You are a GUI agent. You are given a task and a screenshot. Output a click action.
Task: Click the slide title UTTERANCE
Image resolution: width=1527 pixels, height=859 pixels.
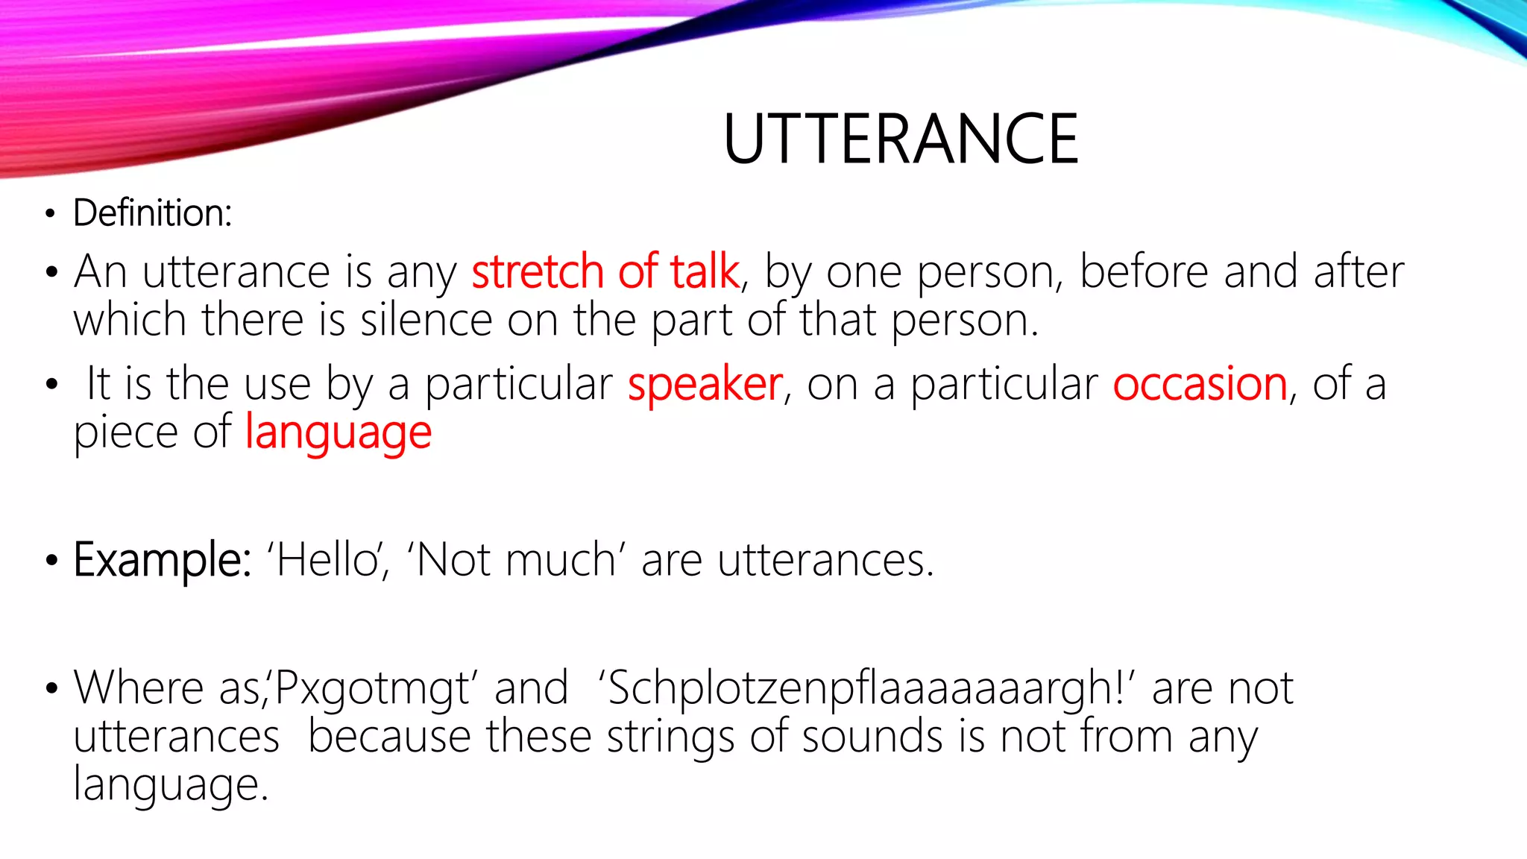tap(901, 139)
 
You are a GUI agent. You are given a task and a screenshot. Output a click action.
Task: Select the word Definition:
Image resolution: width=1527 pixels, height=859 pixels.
tap(153, 213)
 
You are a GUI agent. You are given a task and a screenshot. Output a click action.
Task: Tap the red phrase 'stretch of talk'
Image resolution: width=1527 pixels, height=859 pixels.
tap(605, 271)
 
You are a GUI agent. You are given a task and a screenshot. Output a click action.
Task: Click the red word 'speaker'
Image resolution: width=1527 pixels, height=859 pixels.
tap(705, 385)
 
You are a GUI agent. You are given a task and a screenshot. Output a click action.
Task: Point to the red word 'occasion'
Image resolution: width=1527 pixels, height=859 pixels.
tap(1200, 385)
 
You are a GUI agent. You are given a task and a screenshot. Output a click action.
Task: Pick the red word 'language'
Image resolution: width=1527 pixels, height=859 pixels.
tap(339, 433)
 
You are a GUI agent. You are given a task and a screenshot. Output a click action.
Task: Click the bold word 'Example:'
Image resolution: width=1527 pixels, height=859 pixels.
tap(163, 560)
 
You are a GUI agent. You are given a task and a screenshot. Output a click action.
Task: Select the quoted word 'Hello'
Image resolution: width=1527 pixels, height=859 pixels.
tap(327, 560)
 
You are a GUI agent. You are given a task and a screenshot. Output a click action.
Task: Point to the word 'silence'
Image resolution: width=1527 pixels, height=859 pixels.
tap(426, 321)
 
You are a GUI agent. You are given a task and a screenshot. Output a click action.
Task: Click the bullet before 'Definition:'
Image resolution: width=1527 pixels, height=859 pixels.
tap(50, 215)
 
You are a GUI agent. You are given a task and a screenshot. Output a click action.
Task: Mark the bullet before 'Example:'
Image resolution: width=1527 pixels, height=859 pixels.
tap(51, 561)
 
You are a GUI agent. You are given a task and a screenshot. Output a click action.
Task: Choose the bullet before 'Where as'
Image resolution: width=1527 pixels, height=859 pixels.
tap(51, 689)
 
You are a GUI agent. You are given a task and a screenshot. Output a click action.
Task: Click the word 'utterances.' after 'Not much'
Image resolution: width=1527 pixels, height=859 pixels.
tap(825, 560)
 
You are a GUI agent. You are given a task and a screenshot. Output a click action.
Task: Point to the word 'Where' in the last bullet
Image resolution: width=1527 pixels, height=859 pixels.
tap(139, 688)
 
